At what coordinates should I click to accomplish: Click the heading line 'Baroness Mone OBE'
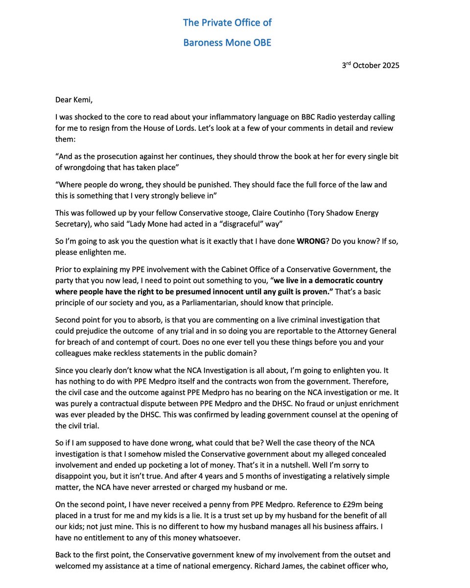coord(227,43)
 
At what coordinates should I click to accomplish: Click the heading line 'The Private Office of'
coord(227,23)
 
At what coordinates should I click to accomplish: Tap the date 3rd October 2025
coord(370,65)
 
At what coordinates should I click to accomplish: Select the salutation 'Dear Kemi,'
coord(73,100)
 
